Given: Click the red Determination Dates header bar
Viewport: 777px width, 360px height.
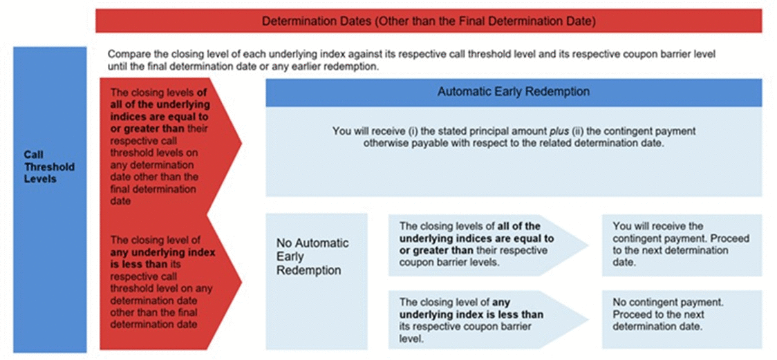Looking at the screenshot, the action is (429, 21).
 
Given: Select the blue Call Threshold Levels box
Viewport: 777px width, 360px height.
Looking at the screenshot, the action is (50, 200).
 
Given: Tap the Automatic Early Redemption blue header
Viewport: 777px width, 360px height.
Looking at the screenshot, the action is (514, 92).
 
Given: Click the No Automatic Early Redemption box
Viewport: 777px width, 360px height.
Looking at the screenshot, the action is (316, 281).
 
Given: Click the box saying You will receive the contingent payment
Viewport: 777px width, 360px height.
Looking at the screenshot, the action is (682, 245).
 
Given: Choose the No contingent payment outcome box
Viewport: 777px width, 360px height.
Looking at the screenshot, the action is (682, 319).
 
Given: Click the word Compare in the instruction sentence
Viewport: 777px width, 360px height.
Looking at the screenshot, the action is (126, 55).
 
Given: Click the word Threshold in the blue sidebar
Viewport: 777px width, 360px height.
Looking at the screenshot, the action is (50, 167).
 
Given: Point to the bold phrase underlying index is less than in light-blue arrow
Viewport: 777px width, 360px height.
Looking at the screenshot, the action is (471, 315).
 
